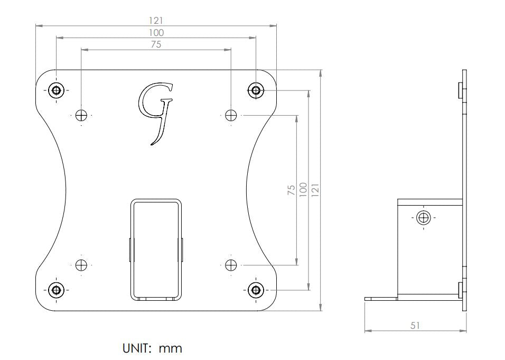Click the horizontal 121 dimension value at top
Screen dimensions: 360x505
pyautogui.click(x=156, y=20)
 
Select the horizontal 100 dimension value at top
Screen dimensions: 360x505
pyautogui.click(x=156, y=33)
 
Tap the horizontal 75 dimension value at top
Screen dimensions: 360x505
pyautogui.click(x=156, y=45)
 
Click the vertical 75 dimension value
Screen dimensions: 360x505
pyautogui.click(x=291, y=190)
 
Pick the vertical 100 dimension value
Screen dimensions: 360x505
pyautogui.click(x=303, y=190)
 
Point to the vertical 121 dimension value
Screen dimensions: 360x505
pyautogui.click(x=315, y=190)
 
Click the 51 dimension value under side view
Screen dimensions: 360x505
pyautogui.click(x=415, y=326)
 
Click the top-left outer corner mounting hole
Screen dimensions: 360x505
pyautogui.click(x=56, y=90)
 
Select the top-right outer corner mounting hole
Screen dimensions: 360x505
pyautogui.click(x=256, y=90)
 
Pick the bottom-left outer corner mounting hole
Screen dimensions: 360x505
pyautogui.click(x=56, y=290)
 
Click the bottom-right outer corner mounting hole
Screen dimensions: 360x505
pyautogui.click(x=256, y=290)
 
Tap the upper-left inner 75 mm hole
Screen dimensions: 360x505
pyautogui.click(x=81, y=115)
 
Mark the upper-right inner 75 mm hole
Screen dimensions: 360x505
pyautogui.click(x=231, y=115)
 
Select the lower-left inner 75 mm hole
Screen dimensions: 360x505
pyautogui.click(x=81, y=265)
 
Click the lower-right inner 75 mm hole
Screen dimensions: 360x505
pyautogui.click(x=231, y=265)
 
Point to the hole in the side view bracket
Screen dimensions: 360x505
pyautogui.click(x=424, y=217)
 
